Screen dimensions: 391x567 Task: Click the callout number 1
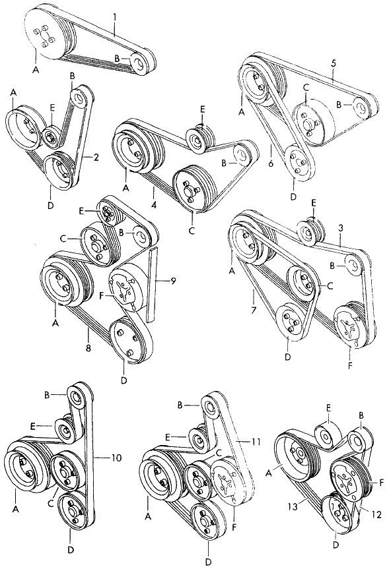[114, 17]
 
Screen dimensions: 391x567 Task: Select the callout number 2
[96, 157]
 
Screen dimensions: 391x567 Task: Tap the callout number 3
[341, 228]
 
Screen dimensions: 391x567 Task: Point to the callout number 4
[154, 205]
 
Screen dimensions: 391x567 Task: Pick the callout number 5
[334, 63]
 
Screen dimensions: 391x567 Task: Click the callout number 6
[271, 163]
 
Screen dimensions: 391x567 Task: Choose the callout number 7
[254, 309]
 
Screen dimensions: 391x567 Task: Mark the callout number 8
[88, 348]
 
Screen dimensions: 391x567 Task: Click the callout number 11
[256, 442]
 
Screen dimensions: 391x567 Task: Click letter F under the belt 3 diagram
[350, 366]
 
